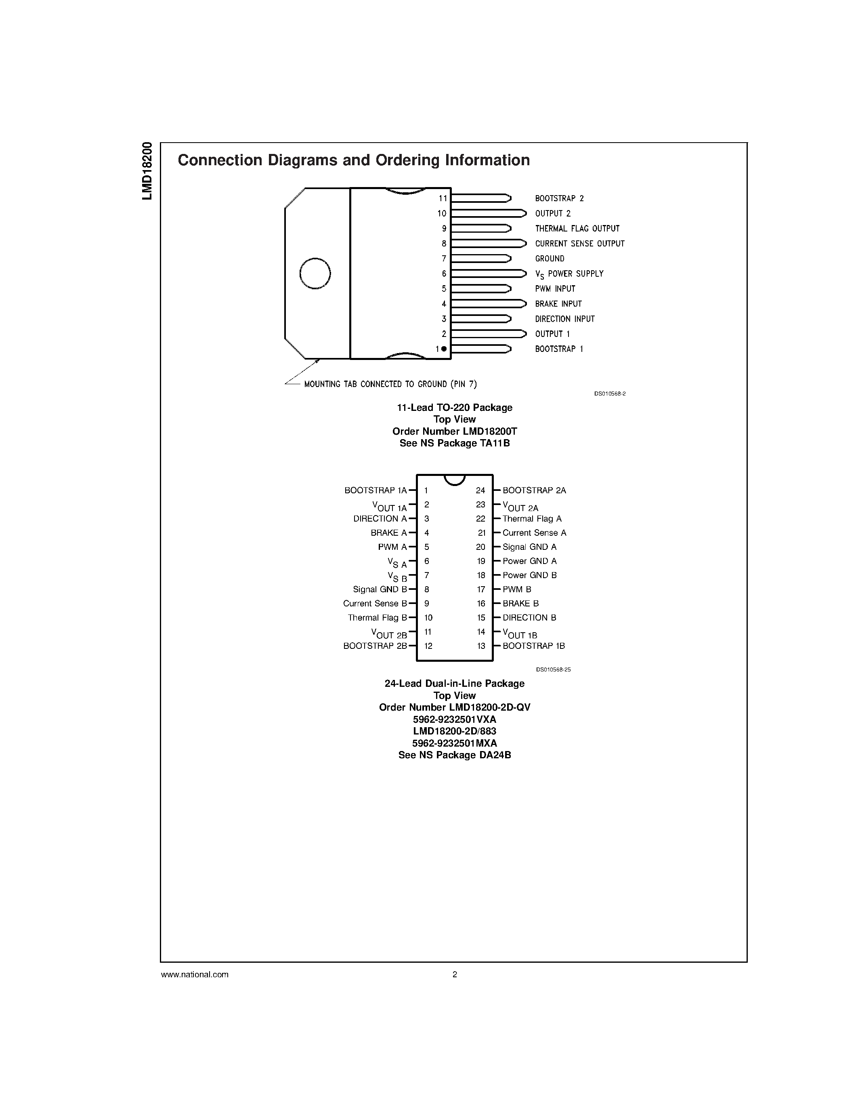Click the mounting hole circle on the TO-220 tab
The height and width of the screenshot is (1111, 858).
tap(315, 273)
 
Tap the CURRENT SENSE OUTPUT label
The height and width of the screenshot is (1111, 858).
tap(579, 244)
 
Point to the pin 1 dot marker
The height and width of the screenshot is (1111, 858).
tap(444, 349)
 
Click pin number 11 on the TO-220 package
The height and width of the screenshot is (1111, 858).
tap(443, 198)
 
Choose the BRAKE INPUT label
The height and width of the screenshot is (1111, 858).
tap(558, 304)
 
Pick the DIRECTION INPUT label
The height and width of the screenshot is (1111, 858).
tap(564, 319)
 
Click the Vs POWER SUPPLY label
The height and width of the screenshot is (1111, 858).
tap(569, 274)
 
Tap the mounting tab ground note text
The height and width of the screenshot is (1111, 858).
tap(390, 384)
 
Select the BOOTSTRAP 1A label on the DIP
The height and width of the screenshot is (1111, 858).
tap(376, 490)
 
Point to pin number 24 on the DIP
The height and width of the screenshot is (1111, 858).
tap(480, 490)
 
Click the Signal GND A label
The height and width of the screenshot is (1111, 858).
tap(529, 547)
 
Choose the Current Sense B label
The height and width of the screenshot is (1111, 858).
tap(375, 603)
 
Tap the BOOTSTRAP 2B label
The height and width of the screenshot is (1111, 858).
tap(375, 646)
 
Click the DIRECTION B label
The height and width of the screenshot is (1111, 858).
tap(529, 618)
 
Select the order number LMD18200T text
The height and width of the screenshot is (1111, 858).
tap(454, 431)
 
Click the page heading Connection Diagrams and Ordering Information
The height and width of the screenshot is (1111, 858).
tap(354, 160)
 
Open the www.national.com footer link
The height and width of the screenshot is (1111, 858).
tap(195, 975)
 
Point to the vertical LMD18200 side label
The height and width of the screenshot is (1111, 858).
tap(147, 171)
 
